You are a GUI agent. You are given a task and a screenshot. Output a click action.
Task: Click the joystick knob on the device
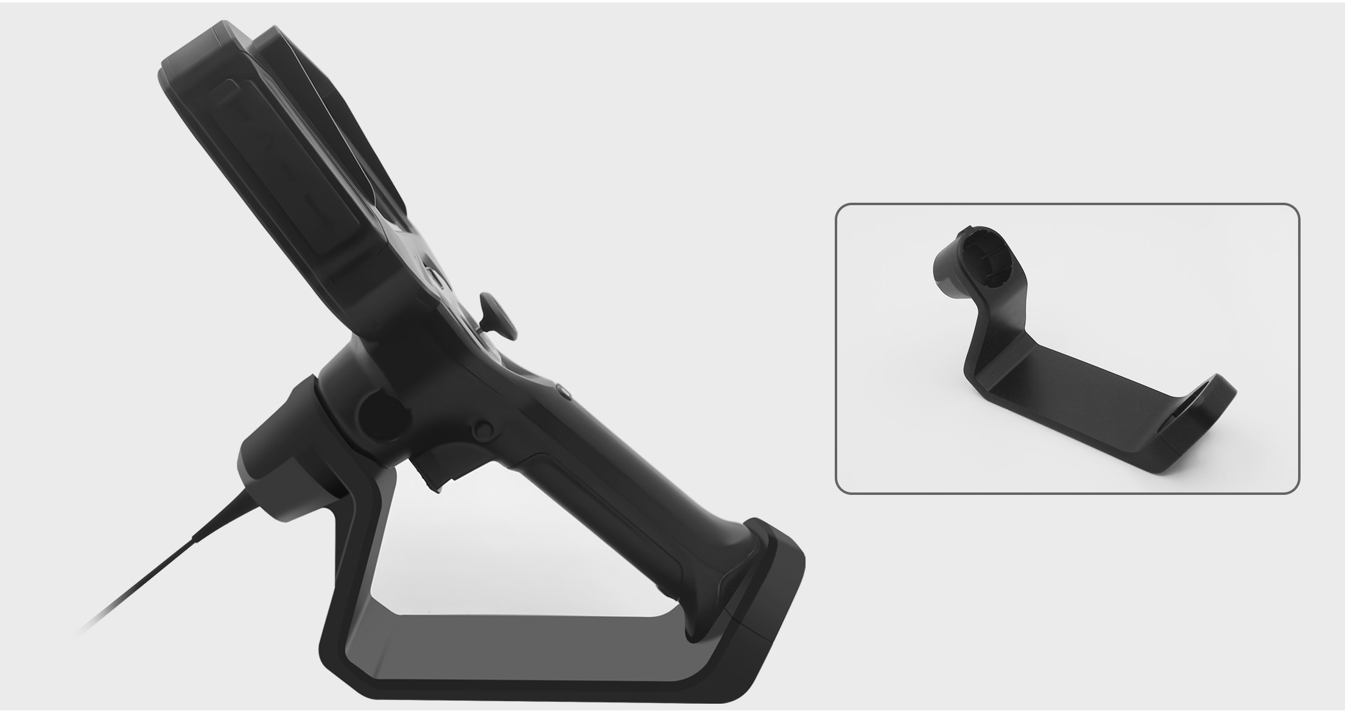click(x=498, y=314)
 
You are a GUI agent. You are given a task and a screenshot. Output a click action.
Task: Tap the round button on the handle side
click(x=484, y=429)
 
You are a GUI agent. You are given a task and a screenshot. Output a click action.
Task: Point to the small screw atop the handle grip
click(x=564, y=391)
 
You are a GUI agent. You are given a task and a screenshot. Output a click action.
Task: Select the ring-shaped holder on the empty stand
click(x=980, y=262)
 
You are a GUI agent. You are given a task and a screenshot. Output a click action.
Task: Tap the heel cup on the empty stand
click(x=1203, y=420)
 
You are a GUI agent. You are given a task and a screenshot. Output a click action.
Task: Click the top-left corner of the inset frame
click(x=838, y=206)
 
